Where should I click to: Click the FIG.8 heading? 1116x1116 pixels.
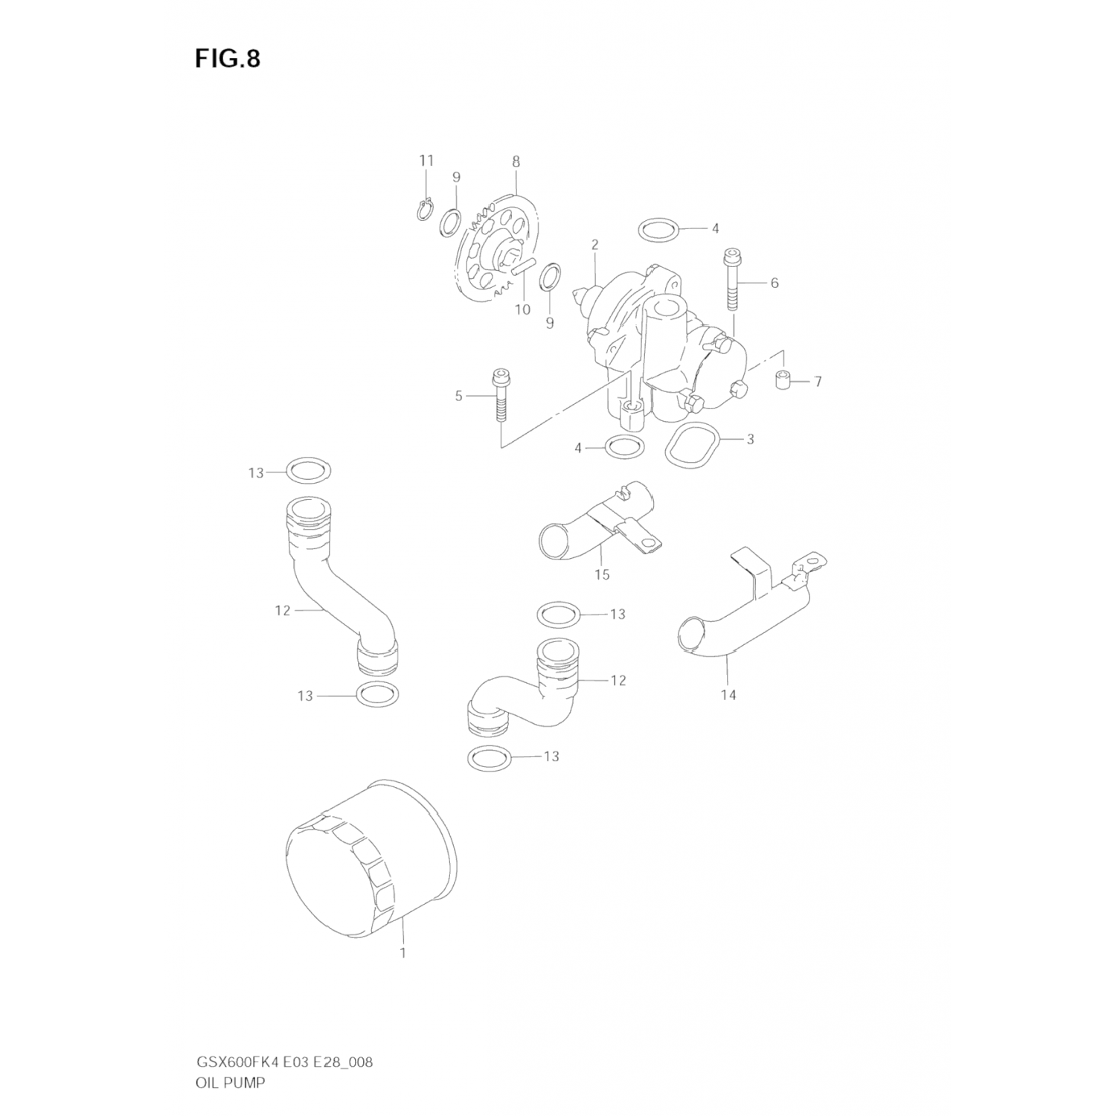[228, 59]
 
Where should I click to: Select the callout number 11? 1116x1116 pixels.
[426, 161]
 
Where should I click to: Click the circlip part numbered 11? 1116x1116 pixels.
[425, 211]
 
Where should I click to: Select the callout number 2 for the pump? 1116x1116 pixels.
[595, 244]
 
